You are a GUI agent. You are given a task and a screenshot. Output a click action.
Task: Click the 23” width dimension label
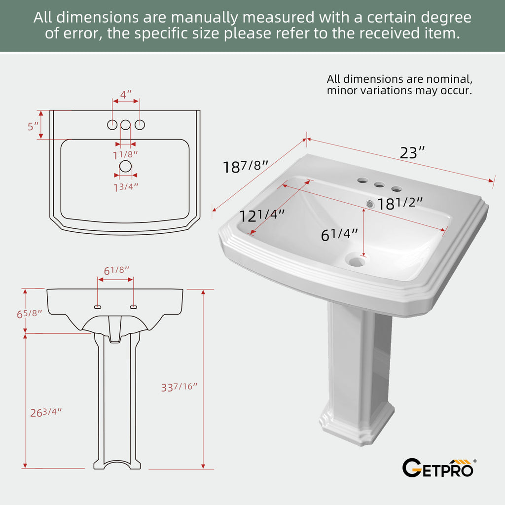(x=412, y=152)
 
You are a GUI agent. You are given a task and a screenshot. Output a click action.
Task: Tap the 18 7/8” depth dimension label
(x=246, y=167)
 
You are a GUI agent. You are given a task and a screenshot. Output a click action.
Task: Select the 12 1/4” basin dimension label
(x=262, y=215)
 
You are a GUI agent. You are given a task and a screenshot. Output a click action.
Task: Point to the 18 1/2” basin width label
(x=399, y=203)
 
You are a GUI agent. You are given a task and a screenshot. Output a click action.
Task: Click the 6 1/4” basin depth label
(x=339, y=234)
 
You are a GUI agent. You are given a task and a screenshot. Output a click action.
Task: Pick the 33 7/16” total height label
(x=179, y=387)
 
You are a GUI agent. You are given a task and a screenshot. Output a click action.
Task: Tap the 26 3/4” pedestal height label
(x=46, y=412)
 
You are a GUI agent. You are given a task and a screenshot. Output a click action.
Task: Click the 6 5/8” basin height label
(x=29, y=313)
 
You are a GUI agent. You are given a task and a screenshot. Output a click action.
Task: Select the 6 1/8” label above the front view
(x=116, y=270)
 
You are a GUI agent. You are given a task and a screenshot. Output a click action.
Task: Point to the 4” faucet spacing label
(x=126, y=95)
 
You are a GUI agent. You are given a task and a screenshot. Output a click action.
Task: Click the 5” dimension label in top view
(x=33, y=127)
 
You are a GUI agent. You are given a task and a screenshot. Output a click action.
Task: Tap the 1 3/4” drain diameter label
(x=126, y=187)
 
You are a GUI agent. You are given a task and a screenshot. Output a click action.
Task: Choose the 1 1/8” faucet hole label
(x=125, y=155)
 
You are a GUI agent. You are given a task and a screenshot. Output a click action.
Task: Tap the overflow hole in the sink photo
(x=370, y=204)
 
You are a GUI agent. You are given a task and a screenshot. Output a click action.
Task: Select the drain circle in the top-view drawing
(x=125, y=166)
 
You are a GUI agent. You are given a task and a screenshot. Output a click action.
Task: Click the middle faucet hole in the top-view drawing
(x=125, y=125)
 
